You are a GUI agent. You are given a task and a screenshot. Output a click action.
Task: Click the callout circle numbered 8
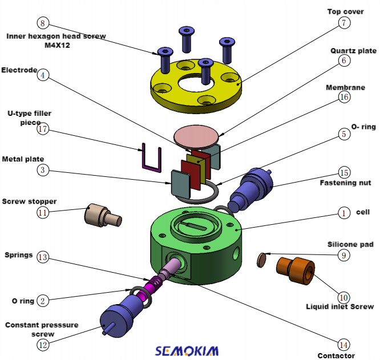coord(43,23)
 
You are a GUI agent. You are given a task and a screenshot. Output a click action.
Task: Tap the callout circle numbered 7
coord(343,23)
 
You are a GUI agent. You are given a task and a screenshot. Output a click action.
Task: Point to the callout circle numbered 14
coord(343,345)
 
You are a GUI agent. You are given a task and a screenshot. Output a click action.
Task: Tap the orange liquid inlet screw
coord(296,269)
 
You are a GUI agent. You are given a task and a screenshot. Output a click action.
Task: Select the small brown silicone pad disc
coord(262,260)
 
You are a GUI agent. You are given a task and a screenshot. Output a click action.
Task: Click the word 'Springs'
coord(18,255)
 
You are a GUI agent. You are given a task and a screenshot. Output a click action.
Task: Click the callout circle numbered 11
coord(43,212)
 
